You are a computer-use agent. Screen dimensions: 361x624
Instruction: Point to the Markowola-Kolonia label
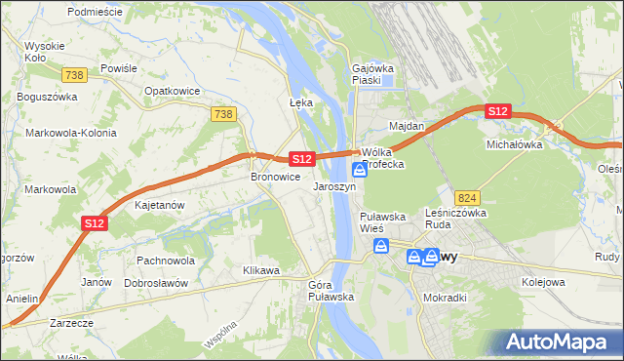(71, 133)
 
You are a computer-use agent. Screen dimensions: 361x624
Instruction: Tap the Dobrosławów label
(156, 283)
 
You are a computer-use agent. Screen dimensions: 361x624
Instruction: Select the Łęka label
(300, 102)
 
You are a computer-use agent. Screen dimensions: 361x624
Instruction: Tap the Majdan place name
(407, 127)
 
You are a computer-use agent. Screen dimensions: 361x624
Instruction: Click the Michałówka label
(514, 144)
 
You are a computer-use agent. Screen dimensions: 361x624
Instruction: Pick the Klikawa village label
(261, 270)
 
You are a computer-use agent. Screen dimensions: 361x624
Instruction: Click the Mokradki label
(447, 298)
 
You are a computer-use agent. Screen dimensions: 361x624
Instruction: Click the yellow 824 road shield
(466, 196)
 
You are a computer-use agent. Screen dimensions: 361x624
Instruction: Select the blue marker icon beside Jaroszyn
(360, 170)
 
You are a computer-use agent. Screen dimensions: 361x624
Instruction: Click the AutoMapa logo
(560, 341)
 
